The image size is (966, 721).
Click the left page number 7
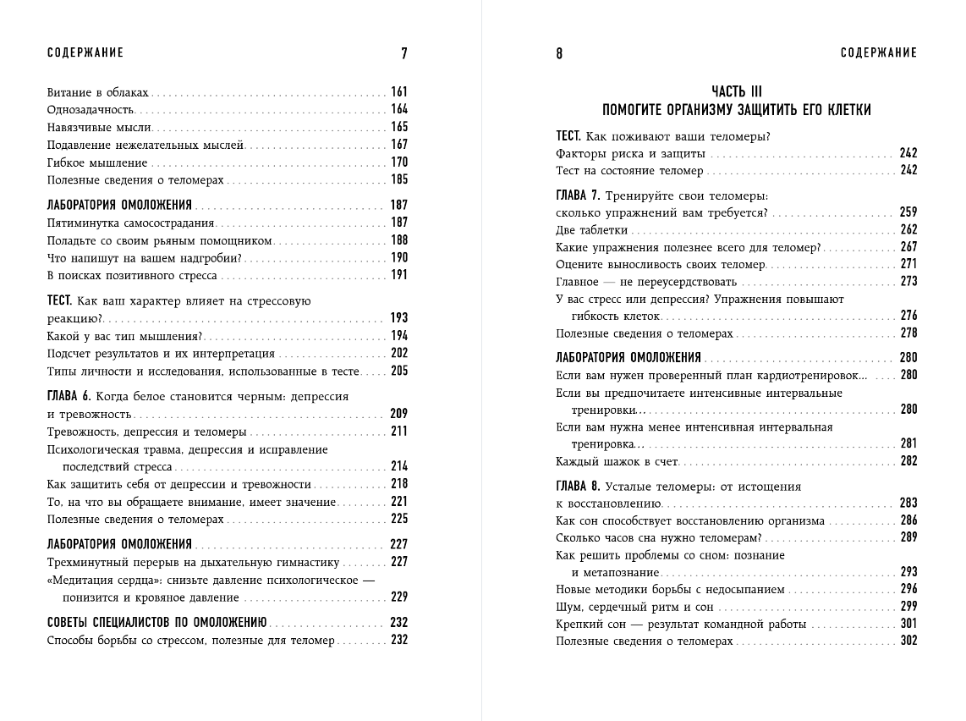[x=403, y=53]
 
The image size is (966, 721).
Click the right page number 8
[x=560, y=53]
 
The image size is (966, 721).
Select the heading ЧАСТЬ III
[x=736, y=91]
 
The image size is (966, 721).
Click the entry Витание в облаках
[x=98, y=91]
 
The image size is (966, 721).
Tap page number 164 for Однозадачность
[x=398, y=109]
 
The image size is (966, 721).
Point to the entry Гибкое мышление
[x=97, y=162]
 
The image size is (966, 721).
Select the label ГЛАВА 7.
[x=579, y=195]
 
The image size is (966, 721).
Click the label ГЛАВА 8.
[x=579, y=487]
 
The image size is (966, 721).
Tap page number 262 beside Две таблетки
[x=908, y=229]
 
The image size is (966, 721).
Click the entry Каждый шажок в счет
[x=617, y=461]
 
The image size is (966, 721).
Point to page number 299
[x=908, y=607]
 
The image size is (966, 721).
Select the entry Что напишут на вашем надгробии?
[x=145, y=257]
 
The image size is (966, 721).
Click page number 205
[x=398, y=371]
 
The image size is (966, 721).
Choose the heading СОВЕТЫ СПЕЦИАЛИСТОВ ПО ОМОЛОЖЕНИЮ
[x=157, y=622]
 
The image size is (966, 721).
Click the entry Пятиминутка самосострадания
[x=131, y=223]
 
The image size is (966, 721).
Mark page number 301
[x=908, y=625]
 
